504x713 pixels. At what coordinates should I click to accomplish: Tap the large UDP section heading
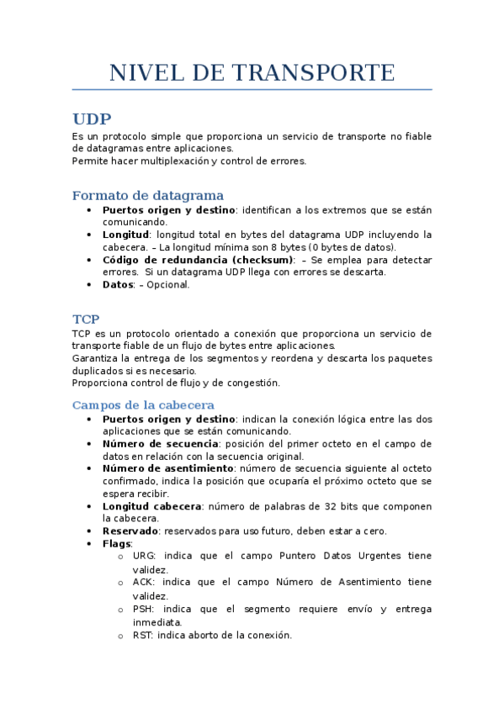[x=92, y=119]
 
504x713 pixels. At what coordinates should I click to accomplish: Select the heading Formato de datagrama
[x=148, y=196]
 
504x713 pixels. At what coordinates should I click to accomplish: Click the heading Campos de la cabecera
[x=143, y=405]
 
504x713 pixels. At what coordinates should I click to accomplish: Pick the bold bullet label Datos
[x=118, y=284]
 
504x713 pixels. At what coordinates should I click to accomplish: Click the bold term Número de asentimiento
[x=167, y=467]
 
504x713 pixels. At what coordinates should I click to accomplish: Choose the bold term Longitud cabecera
[x=152, y=506]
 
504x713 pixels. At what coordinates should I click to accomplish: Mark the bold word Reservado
[x=130, y=531]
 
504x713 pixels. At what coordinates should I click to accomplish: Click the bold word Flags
[x=117, y=544]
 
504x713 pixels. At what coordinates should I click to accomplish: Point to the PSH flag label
[x=143, y=609]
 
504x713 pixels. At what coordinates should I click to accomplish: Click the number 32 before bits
[x=313, y=506]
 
